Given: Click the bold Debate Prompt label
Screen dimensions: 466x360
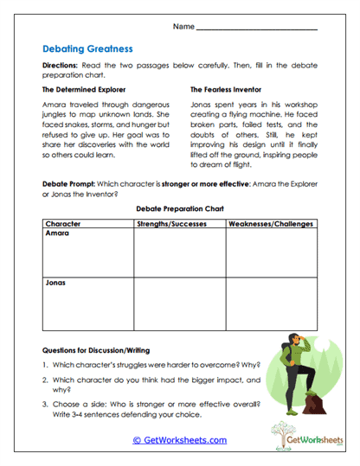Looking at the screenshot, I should (70, 185).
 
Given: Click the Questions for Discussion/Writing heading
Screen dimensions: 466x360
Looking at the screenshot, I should (96, 350).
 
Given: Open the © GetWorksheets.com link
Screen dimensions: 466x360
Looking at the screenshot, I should (180, 440).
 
